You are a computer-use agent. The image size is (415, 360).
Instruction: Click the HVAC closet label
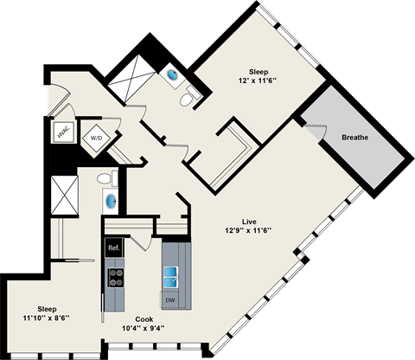[x=63, y=132]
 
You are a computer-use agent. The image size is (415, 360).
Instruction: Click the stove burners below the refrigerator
[x=114, y=277]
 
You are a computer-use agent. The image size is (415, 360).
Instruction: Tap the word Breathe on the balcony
[x=355, y=137]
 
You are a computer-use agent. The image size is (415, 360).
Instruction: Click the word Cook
[x=143, y=318]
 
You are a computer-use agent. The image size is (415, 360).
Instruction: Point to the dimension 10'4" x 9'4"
[x=143, y=329]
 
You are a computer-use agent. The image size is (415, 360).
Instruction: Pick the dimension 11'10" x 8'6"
[x=47, y=319]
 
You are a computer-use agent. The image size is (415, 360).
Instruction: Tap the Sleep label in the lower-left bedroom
[x=47, y=308]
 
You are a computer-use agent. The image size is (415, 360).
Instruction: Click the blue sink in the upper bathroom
[x=175, y=77]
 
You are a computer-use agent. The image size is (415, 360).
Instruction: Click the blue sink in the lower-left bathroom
[x=111, y=202]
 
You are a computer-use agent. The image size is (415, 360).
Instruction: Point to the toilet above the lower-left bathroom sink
[x=104, y=179]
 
